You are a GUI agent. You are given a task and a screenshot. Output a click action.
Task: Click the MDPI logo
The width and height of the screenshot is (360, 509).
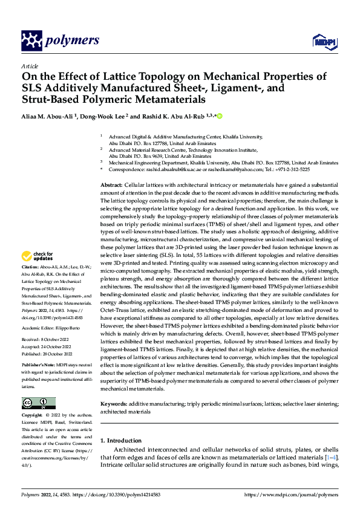(324, 41)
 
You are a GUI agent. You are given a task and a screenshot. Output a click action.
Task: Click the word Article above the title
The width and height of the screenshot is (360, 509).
(30, 66)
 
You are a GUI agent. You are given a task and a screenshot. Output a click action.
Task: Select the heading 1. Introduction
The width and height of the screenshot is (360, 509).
(121, 440)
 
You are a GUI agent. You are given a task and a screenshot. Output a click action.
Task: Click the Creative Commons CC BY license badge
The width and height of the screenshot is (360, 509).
(38, 403)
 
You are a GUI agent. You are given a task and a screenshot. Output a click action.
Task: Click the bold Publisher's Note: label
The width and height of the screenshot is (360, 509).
(39, 366)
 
